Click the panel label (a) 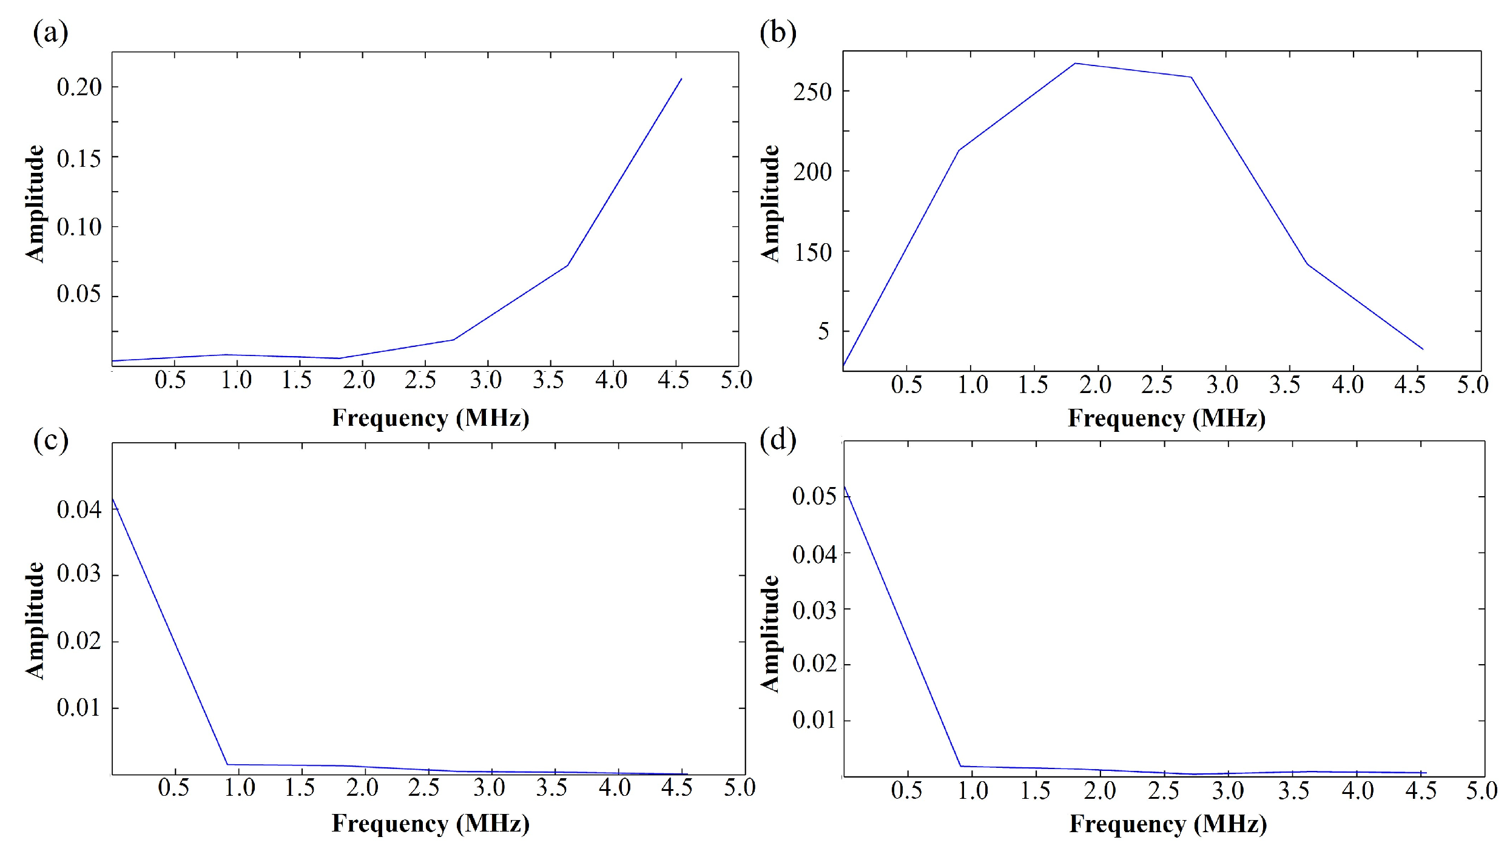click(50, 32)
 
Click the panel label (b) click(778, 32)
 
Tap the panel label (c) click(50, 439)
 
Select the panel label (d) click(778, 439)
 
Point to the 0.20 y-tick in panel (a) click(79, 87)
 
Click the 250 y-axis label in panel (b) click(812, 92)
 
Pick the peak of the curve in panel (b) click(1075, 63)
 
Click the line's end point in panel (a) click(681, 79)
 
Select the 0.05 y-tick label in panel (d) click(814, 496)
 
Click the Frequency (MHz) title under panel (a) click(430, 418)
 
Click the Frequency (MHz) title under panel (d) click(1168, 824)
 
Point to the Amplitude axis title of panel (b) click(770, 203)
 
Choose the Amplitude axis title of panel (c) click(35, 620)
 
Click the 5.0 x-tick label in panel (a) click(736, 380)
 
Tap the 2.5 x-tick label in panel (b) click(1156, 385)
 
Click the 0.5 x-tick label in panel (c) click(174, 788)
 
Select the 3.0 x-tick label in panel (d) click(1228, 791)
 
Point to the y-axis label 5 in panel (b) click(823, 332)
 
